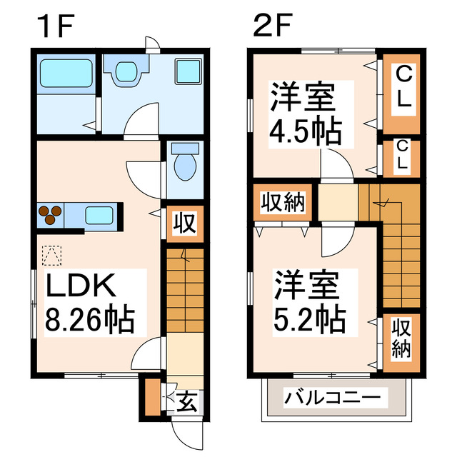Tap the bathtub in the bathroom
click(x=63, y=74)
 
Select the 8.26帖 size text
click(x=90, y=320)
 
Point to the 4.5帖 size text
click(x=303, y=132)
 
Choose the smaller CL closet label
click(x=403, y=155)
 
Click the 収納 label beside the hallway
click(x=281, y=202)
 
